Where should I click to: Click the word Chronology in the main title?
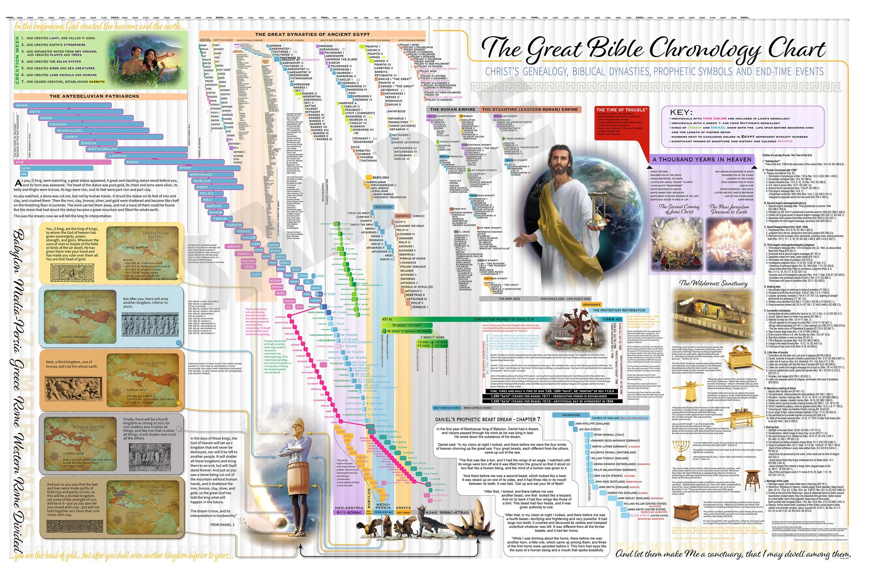tap(705, 50)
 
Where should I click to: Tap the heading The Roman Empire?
tap(452, 110)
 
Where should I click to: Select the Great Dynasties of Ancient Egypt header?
tap(312, 34)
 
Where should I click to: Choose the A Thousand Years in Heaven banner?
tap(702, 159)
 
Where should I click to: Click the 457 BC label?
tap(387, 319)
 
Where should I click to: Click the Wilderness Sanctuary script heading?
tap(713, 283)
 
